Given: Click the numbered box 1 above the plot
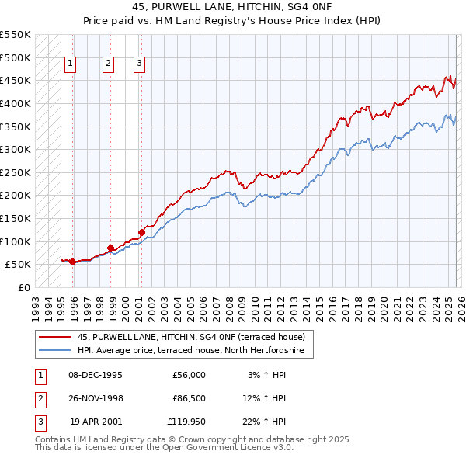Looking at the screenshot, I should click(71, 64).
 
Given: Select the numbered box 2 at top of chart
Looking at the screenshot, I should click(108, 64).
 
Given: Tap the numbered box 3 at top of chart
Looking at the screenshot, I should click(139, 64).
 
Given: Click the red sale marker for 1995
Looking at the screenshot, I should click(72, 262).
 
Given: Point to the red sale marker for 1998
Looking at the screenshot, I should click(110, 248).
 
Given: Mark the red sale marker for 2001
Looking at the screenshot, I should click(141, 231).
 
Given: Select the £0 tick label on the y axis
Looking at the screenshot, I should click(24, 287).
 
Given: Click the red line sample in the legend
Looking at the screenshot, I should click(55, 337).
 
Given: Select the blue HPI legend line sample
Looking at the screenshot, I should click(55, 351).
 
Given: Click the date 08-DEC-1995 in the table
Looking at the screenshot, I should click(96, 375).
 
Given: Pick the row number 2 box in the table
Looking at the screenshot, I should click(39, 398).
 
